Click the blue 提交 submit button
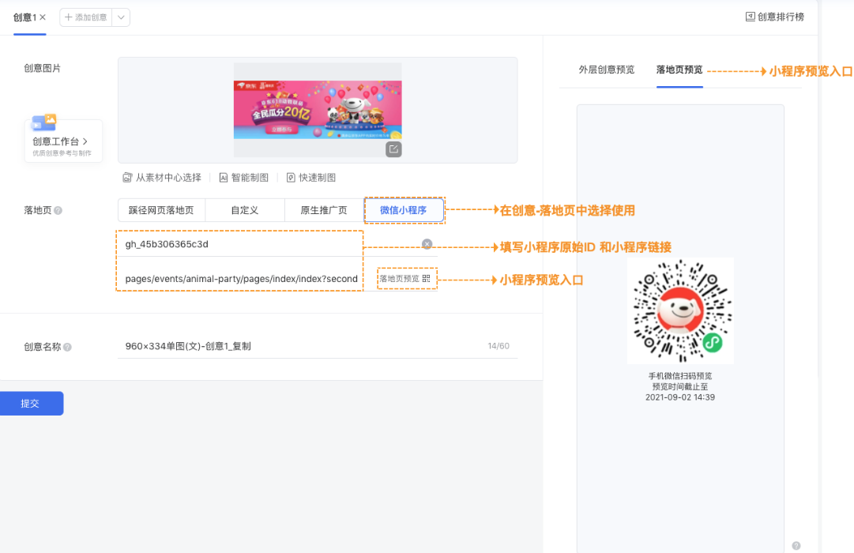click(x=30, y=403)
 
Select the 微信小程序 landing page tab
click(x=403, y=210)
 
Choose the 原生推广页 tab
click(x=323, y=210)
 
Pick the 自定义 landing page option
click(x=244, y=210)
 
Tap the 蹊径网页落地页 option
click(x=161, y=210)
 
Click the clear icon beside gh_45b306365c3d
click(x=427, y=244)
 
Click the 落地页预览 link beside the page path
click(x=404, y=278)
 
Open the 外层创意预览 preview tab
click(x=606, y=70)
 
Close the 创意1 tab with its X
click(x=43, y=17)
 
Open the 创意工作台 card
click(x=63, y=141)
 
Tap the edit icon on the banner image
click(x=393, y=149)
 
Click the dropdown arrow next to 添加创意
click(x=121, y=17)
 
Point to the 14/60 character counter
click(x=498, y=346)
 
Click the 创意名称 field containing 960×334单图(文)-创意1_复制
click(x=300, y=346)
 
